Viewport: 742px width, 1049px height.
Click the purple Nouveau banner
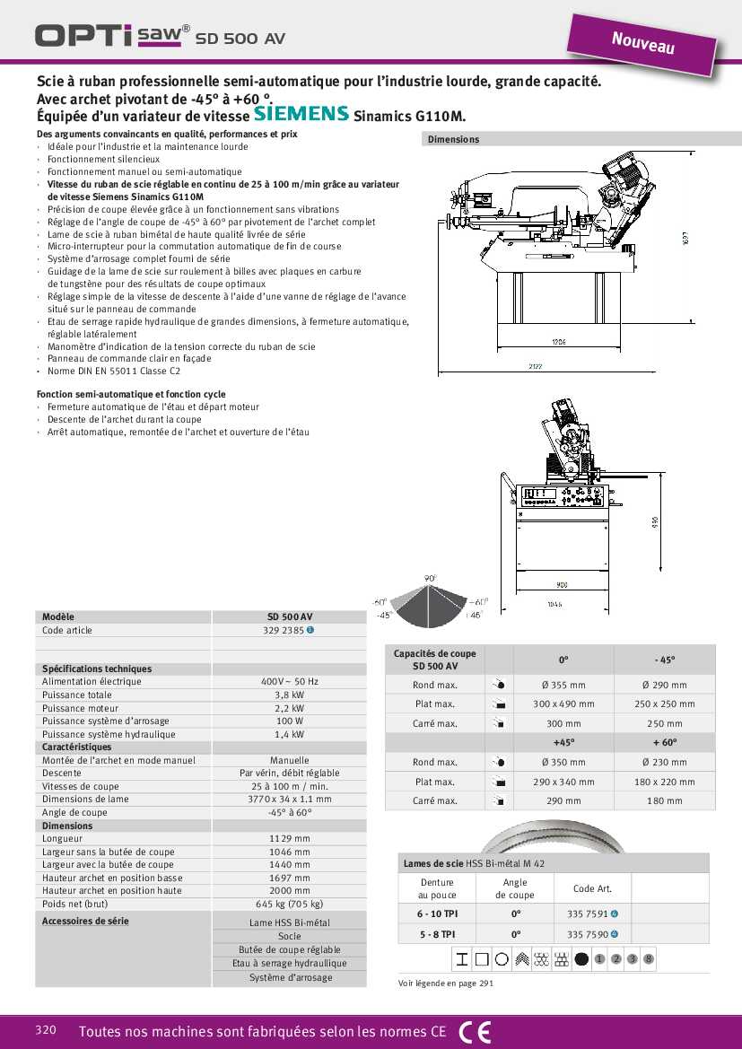[642, 42]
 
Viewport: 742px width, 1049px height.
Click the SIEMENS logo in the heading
[301, 114]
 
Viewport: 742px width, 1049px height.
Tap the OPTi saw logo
[112, 35]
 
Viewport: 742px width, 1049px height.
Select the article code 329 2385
[284, 631]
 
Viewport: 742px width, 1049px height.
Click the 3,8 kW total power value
[289, 695]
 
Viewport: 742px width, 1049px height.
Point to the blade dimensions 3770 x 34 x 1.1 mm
[289, 799]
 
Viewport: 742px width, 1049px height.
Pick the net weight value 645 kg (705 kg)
[289, 904]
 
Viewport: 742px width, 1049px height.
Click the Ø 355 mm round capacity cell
[563, 686]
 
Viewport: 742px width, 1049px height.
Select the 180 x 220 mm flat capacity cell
[664, 782]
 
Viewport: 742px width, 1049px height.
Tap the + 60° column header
[664, 742]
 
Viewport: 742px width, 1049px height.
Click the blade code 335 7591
[588, 914]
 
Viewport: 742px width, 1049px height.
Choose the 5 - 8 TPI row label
[437, 934]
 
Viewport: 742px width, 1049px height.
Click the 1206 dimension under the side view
[558, 342]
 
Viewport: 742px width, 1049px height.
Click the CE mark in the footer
[475, 1032]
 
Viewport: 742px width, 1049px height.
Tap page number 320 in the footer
[46, 1030]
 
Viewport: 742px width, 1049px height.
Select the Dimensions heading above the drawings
[453, 139]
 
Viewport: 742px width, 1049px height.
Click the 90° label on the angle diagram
[430, 579]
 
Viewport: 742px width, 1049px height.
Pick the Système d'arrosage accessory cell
[290, 978]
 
